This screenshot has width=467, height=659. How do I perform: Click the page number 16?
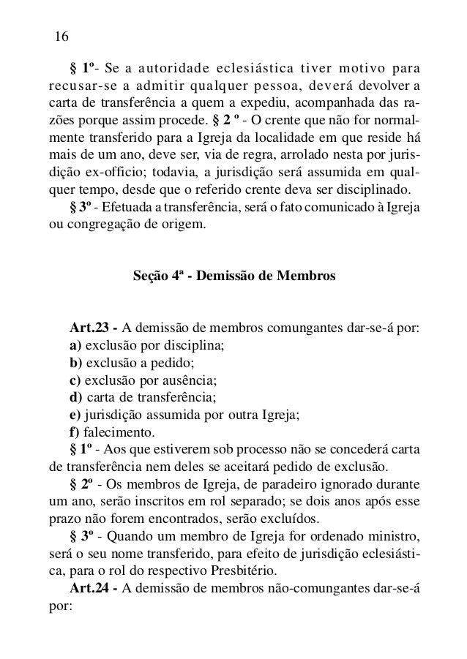(61, 37)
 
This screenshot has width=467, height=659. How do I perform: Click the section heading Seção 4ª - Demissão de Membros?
(235, 278)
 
